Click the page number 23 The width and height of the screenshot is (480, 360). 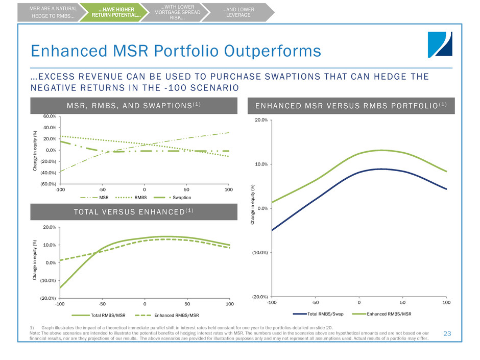[x=448, y=333]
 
